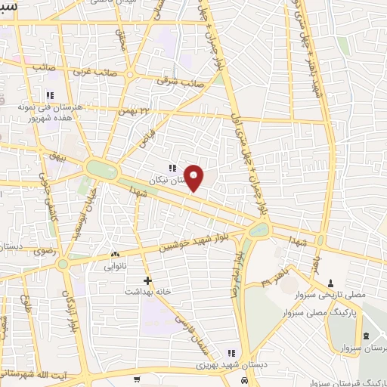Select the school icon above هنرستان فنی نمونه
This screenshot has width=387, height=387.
50,95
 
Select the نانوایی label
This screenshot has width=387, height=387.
106,266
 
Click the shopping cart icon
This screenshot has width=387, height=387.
137,379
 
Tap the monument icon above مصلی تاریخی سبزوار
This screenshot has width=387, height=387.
330,282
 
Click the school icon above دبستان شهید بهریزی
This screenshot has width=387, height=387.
231,353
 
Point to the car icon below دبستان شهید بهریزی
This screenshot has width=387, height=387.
244,380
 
